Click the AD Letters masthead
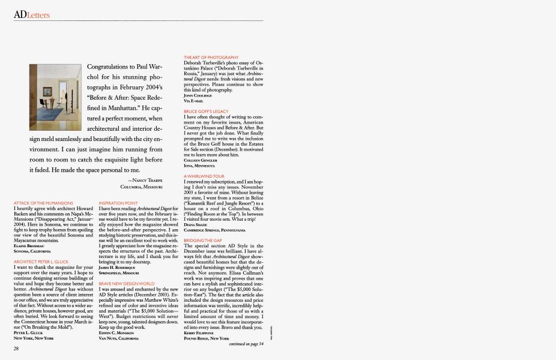(32, 14)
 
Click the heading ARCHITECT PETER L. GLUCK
(41, 262)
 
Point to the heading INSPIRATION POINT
(118, 203)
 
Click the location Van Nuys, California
(118, 338)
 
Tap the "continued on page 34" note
(246, 344)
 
